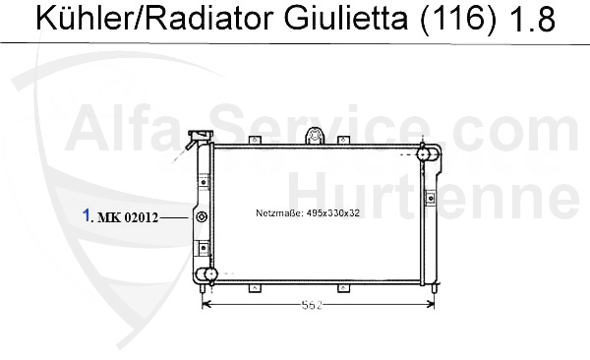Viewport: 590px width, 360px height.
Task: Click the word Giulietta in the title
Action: (346, 18)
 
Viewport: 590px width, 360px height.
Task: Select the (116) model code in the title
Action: (457, 19)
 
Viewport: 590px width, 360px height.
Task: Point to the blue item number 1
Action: (87, 215)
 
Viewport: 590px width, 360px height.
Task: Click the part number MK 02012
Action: (128, 217)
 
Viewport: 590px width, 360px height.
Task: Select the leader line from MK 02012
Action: (173, 217)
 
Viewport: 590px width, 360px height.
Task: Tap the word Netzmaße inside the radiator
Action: (279, 213)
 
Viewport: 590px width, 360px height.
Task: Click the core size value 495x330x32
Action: (333, 213)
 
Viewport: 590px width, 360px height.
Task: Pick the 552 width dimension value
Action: (313, 305)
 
